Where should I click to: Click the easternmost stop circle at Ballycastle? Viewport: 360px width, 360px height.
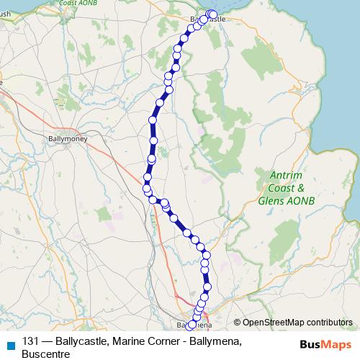pos(212,14)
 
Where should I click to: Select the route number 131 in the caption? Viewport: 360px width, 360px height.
pos(31,341)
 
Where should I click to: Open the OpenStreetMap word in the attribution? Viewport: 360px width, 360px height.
pos(270,322)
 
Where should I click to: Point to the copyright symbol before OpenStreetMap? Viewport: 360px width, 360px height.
pos(237,322)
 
